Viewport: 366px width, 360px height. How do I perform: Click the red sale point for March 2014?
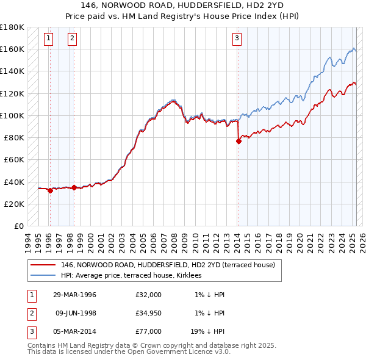pos(239,141)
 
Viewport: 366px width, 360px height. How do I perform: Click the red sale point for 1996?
pos(50,190)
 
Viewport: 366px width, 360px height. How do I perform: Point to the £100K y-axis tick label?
pos(12,115)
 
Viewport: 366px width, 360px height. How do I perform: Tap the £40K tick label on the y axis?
pos(14,181)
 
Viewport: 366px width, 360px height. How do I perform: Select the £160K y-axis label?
pos(12,48)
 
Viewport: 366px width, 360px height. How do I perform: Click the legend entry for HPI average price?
pos(135,275)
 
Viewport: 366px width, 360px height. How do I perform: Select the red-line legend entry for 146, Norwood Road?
pos(168,265)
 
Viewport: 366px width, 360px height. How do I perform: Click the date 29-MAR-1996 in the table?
pos(74,295)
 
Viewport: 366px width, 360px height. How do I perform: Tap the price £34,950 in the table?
pos(149,312)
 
